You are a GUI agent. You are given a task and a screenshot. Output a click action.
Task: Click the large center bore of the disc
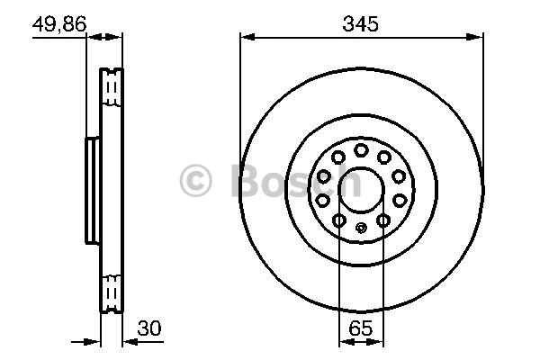coord(360,184)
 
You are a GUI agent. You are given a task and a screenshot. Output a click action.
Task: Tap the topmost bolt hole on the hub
coord(360,149)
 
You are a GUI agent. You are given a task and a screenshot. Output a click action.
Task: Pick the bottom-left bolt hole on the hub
coord(338,220)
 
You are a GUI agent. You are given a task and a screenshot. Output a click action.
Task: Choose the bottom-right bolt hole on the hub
coord(382,220)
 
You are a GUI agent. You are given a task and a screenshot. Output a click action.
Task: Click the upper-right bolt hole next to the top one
coord(384,157)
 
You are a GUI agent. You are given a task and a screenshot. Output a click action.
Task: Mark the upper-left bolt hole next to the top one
coord(337,157)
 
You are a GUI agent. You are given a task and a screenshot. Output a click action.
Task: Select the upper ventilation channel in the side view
coord(112,86)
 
